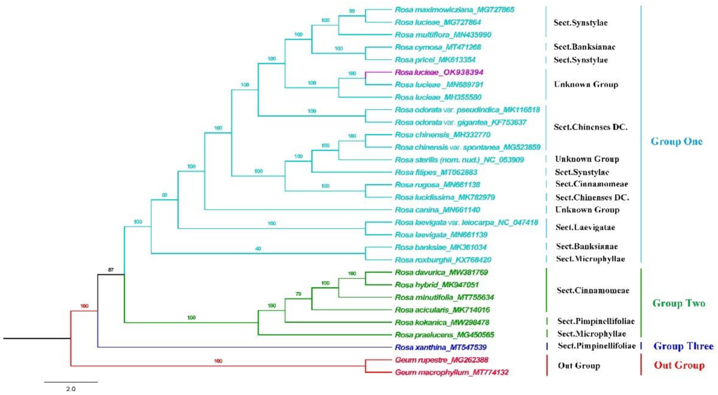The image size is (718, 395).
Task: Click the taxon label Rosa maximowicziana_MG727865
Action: (454, 10)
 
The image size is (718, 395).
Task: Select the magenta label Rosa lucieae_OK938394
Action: (439, 72)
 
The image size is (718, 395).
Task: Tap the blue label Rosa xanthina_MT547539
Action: (441, 347)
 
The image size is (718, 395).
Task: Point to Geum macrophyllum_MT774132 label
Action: (452, 372)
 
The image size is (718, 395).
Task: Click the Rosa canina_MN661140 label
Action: (437, 210)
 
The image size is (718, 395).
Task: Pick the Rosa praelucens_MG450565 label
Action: (444, 335)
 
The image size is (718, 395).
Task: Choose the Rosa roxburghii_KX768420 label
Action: (443, 260)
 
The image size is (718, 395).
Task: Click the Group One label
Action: (677, 142)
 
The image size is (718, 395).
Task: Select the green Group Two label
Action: (679, 303)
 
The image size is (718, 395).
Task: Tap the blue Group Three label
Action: (683, 346)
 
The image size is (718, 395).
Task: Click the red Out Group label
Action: (679, 365)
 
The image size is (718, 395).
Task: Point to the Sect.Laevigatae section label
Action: (585, 227)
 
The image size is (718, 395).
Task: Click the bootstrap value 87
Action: (111, 270)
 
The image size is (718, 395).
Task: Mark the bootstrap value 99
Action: (352, 11)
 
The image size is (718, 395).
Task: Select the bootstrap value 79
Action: (298, 294)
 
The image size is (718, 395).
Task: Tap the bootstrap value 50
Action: (164, 195)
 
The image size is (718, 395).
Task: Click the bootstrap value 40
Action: (258, 249)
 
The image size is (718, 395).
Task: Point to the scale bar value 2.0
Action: (71, 389)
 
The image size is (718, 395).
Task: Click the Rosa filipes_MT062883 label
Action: (436, 172)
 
